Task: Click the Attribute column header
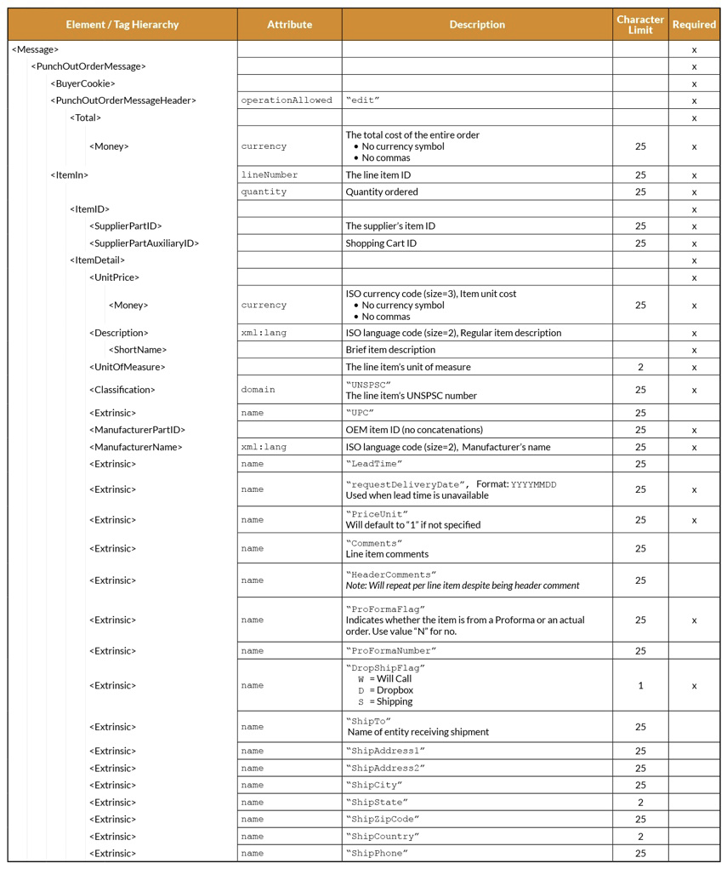(289, 25)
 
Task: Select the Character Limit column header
(640, 25)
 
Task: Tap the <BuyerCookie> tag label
(82, 83)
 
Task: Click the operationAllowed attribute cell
(287, 100)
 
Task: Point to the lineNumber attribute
(270, 174)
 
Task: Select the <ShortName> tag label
(138, 350)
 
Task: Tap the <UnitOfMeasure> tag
(127, 367)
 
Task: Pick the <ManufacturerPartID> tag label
(137, 430)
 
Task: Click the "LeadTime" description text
(374, 464)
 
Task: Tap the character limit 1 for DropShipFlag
(640, 685)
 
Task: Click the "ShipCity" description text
(374, 785)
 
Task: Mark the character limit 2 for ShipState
(640, 802)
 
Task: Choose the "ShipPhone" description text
(377, 853)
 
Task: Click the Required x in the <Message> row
(694, 49)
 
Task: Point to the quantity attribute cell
(264, 192)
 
